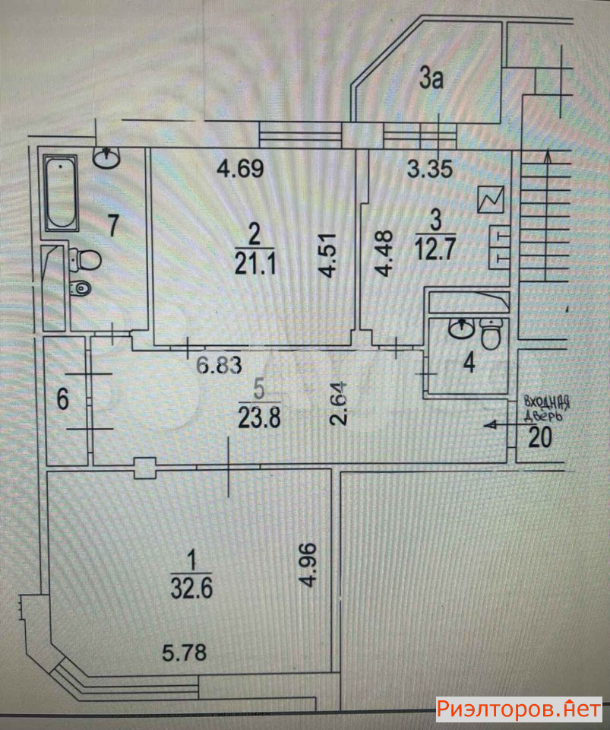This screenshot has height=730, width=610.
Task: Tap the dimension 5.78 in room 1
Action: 184,652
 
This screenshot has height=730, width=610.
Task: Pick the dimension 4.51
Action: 328,261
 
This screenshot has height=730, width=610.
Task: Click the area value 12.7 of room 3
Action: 435,249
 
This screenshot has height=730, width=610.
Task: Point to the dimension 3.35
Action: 430,168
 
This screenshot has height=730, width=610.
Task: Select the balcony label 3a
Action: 431,78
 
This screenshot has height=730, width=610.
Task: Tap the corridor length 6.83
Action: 219,366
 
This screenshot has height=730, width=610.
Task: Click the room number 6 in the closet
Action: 64,400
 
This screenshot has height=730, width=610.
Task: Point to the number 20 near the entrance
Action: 540,436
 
